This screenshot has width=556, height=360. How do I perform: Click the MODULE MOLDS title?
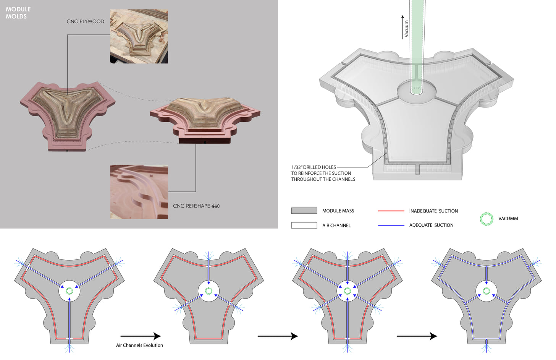[18, 13]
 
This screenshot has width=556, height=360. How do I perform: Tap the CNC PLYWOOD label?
[85, 21]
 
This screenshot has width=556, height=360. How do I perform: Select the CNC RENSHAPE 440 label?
[196, 206]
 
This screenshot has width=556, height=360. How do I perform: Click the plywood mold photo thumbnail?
[139, 36]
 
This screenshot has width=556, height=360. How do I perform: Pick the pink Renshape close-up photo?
[139, 192]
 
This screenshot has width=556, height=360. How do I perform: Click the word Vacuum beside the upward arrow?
[406, 29]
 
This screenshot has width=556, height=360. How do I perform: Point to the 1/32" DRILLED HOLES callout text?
[323, 173]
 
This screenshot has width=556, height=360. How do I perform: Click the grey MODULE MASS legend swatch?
[304, 211]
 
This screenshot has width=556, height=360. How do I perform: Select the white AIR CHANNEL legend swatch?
[304, 225]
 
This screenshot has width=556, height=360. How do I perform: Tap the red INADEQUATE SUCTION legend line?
[391, 211]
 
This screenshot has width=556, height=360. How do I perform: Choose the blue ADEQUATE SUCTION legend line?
[391, 225]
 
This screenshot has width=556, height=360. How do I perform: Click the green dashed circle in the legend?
[486, 219]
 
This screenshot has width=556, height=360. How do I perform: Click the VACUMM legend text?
[508, 219]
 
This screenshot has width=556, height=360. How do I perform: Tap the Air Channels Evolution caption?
[139, 345]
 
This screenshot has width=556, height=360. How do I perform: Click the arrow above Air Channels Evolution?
[141, 336]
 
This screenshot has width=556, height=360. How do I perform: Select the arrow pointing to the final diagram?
[417, 336]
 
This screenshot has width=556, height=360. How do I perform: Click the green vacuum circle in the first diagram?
[69, 291]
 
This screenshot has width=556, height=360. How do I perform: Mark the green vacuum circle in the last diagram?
[486, 291]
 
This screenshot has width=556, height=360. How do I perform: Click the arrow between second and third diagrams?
[278, 336]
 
